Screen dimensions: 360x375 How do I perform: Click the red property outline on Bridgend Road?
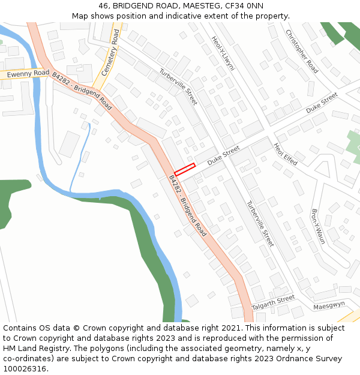point(185,169)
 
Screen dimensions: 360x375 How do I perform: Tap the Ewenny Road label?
point(28,73)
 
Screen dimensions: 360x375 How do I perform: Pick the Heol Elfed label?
point(286,154)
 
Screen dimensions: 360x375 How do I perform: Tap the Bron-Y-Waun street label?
point(318,226)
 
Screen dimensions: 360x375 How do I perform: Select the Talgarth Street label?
point(274,302)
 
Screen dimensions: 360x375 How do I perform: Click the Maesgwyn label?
point(329,305)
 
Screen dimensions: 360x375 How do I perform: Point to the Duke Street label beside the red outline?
point(223,155)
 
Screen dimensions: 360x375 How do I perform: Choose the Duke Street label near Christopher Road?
point(322,103)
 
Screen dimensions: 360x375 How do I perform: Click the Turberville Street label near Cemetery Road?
point(178,87)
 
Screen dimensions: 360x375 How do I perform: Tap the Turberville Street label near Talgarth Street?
point(260,224)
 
